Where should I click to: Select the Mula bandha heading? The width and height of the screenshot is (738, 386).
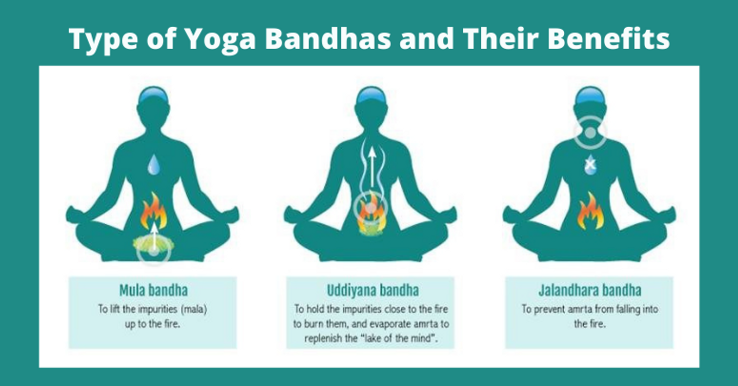point(154,291)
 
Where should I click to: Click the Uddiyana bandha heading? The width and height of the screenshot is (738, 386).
point(373,291)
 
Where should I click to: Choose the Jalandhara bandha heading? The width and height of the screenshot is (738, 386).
point(590,291)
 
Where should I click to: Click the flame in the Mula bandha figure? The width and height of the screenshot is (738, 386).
point(154,211)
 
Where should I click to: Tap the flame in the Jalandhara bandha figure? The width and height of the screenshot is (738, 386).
point(591,211)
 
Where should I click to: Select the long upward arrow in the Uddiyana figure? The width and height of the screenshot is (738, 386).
point(372,167)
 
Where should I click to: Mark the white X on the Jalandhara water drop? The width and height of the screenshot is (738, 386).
point(590,164)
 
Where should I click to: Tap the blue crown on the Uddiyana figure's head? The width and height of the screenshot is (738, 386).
point(372,95)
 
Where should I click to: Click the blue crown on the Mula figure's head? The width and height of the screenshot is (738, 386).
point(154,95)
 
